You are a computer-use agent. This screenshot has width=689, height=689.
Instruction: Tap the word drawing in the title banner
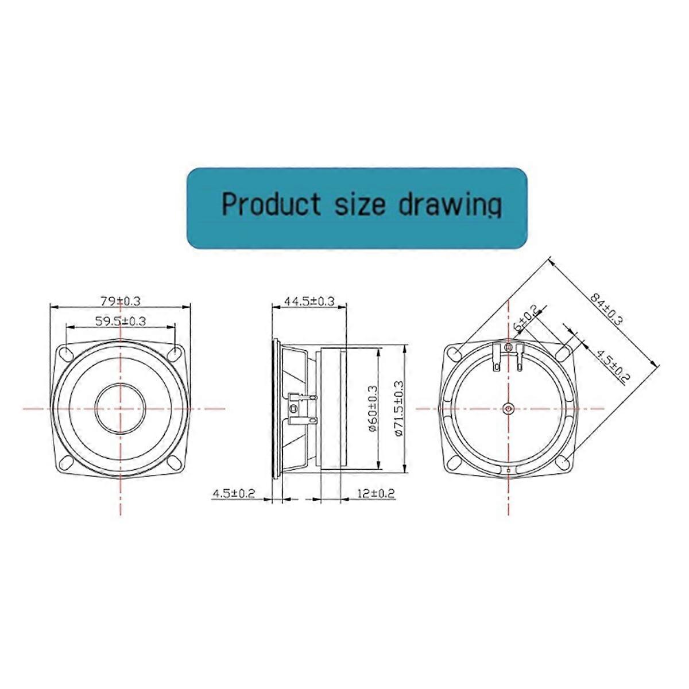click(x=450, y=205)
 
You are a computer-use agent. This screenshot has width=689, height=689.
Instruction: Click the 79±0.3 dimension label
click(x=121, y=300)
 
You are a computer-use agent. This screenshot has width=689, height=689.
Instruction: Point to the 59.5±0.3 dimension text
click(x=121, y=321)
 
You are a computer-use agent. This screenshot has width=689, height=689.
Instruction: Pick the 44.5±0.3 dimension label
click(x=309, y=301)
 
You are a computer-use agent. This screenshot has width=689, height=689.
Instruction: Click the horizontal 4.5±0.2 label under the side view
click(x=234, y=493)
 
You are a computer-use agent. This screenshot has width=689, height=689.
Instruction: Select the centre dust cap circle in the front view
click(x=121, y=408)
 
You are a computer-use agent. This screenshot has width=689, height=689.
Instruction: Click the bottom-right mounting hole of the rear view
click(x=563, y=462)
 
